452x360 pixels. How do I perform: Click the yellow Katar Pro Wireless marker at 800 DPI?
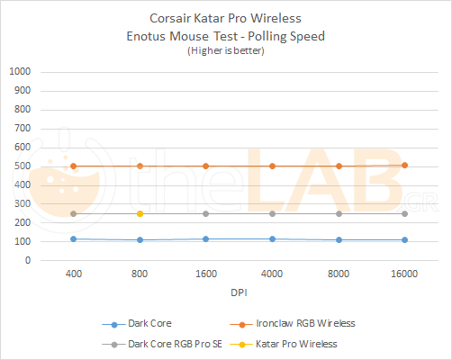140,213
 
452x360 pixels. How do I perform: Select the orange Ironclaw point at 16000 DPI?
404,165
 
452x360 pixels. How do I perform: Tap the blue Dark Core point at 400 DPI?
73,238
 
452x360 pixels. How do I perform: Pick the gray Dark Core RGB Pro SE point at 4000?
272,213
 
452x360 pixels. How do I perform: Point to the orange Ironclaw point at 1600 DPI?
205,166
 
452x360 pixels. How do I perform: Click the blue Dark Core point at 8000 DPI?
339,239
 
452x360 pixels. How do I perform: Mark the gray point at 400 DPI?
73,213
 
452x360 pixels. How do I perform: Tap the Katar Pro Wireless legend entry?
299,343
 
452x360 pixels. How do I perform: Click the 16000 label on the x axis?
404,273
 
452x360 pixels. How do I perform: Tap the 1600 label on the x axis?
205,273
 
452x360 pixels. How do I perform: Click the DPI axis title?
239,292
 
